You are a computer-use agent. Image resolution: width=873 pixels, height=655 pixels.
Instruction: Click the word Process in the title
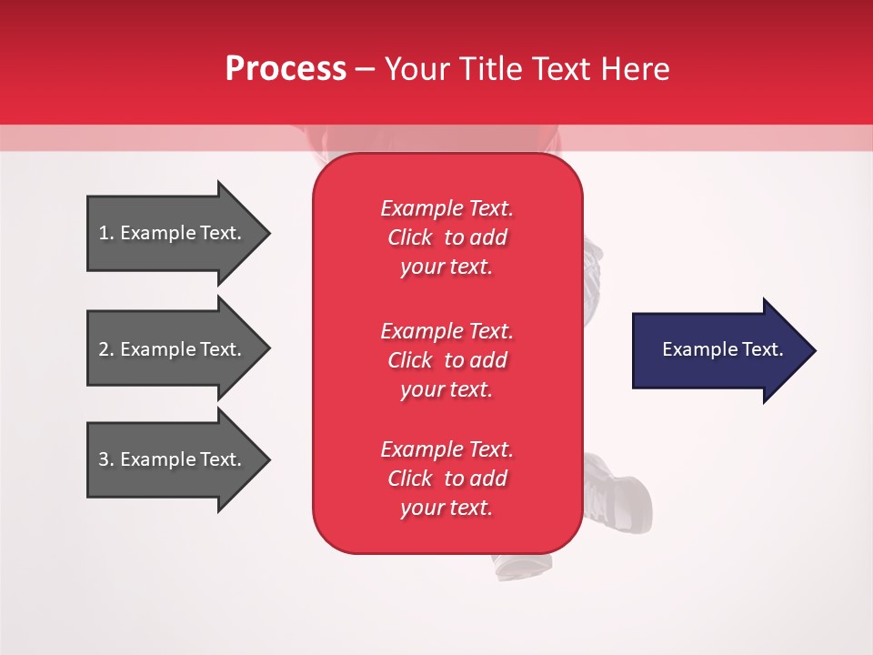286,69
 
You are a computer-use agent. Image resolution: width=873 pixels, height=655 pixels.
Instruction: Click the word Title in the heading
492,69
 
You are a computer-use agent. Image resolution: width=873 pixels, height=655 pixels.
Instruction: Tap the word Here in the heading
635,69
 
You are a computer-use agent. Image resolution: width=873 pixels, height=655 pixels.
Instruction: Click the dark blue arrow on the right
718,350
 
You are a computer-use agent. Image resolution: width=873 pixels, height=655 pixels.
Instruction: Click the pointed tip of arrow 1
267,233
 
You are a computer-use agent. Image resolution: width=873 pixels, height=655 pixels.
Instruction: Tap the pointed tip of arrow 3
267,459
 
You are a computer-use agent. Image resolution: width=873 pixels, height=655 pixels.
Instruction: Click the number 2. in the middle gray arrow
106,349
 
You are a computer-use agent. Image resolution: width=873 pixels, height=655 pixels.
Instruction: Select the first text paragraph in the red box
447,237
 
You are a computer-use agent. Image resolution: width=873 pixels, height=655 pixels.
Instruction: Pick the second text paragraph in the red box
447,360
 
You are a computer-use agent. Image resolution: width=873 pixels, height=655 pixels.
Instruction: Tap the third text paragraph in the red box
447,479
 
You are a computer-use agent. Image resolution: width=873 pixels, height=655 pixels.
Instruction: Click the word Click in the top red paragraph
410,237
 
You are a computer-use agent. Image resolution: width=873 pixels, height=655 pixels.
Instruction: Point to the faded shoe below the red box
522,565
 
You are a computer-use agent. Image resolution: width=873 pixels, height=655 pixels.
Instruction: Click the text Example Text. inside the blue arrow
722,349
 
